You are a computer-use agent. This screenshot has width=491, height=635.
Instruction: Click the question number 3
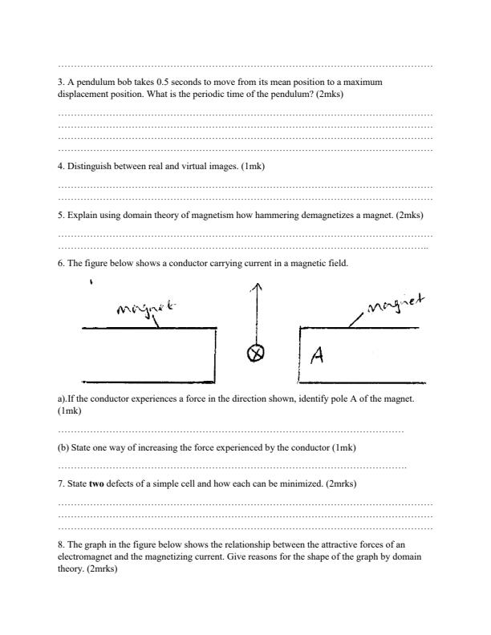click(61, 83)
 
